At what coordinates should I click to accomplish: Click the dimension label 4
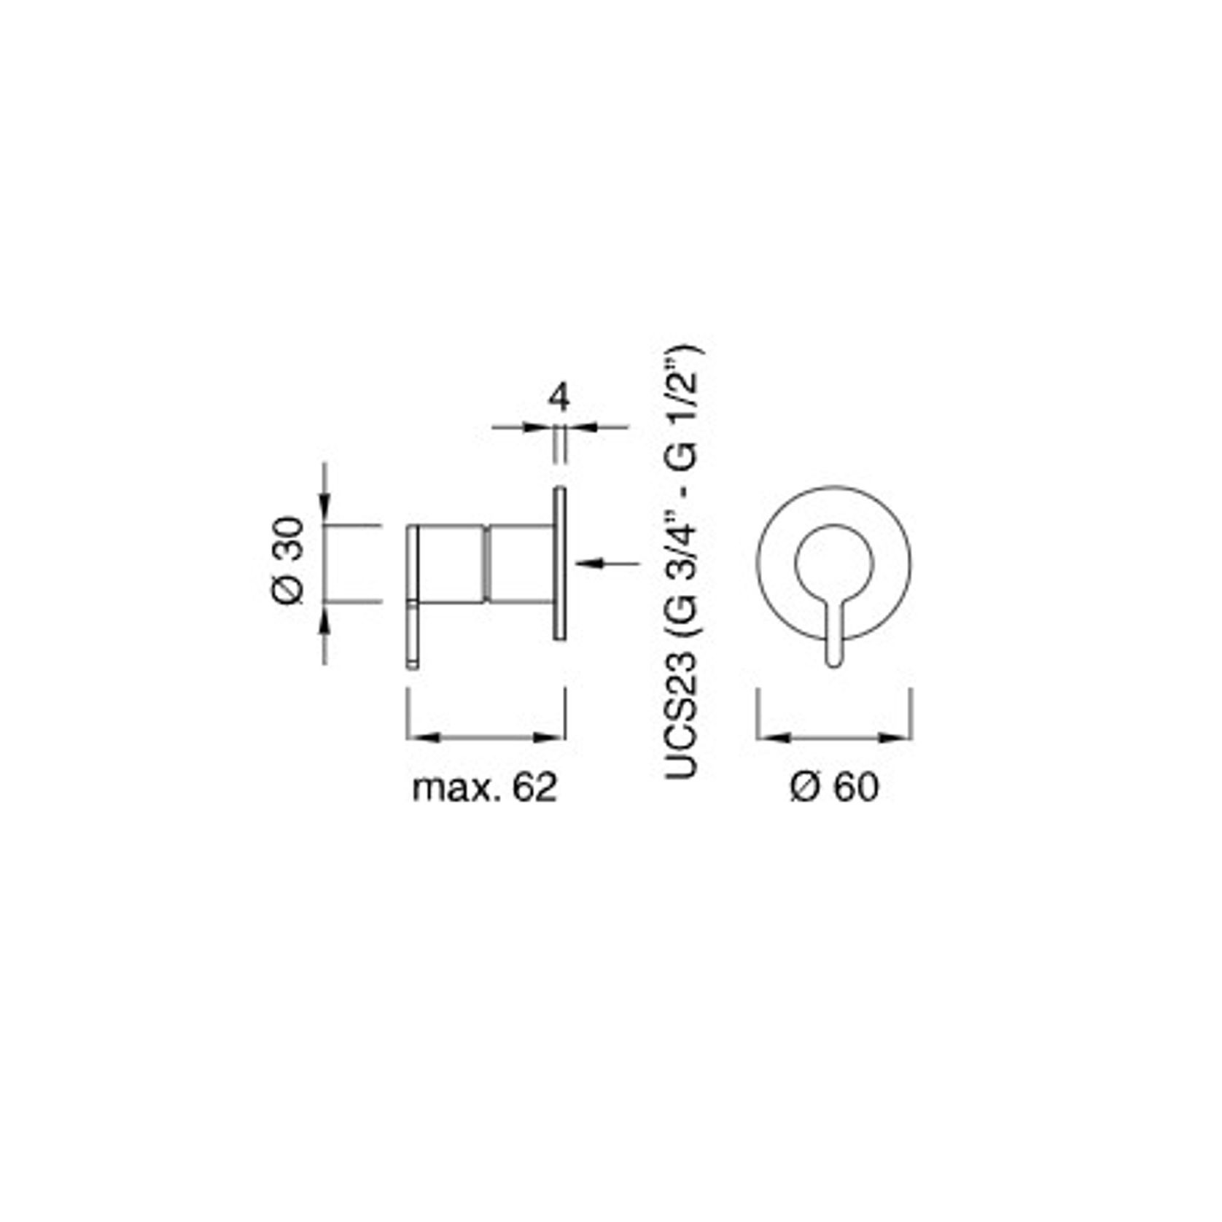point(559,398)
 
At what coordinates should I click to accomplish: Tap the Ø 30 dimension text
point(289,560)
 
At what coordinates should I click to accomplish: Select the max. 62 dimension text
point(484,787)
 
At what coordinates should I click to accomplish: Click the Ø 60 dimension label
point(834,787)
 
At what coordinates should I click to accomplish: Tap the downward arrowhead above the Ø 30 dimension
point(325,510)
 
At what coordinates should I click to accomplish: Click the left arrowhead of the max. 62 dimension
point(421,738)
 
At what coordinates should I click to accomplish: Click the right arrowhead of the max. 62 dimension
point(550,738)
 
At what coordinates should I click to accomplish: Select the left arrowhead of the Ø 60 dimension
point(772,738)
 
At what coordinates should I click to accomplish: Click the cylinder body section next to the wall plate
point(520,564)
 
